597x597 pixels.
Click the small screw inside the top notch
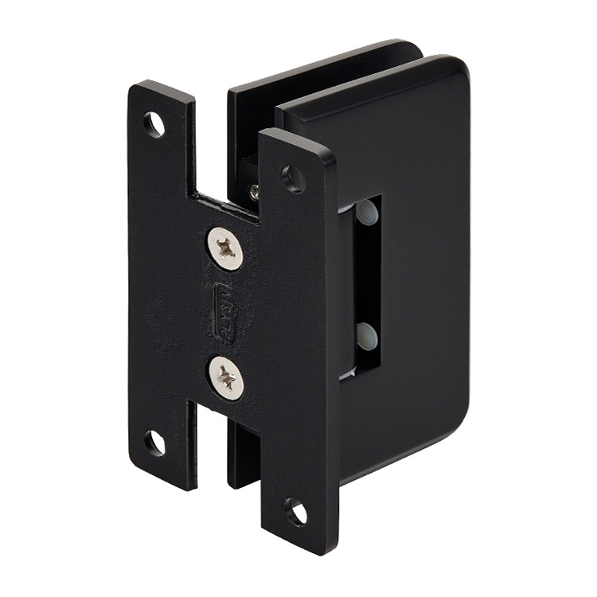click(x=253, y=190)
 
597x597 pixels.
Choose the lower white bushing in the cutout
click(x=365, y=332)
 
